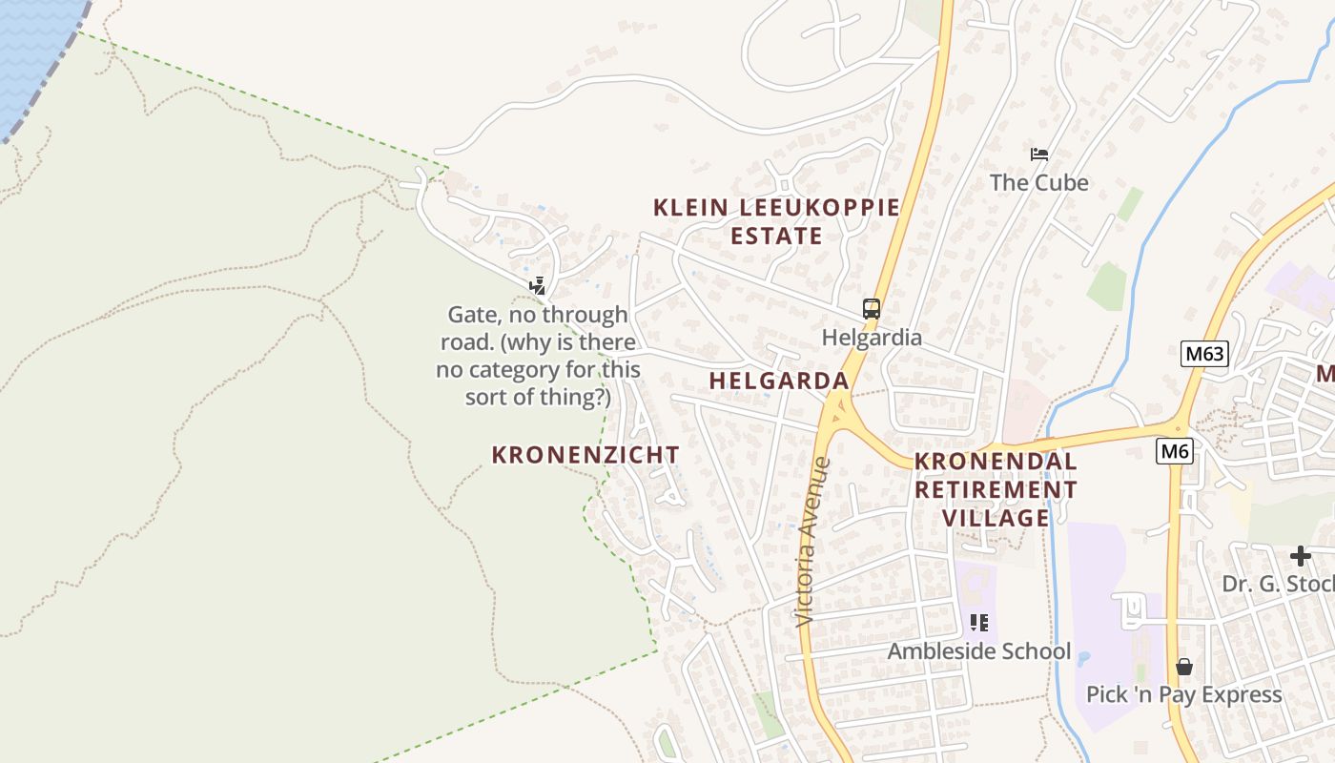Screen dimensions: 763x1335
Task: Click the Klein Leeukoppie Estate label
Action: coord(776,221)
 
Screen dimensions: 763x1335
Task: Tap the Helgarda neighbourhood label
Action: coord(779,381)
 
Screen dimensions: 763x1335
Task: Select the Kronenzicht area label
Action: coord(585,455)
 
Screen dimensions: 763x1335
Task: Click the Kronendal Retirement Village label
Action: coord(996,489)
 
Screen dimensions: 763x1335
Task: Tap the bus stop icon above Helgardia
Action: coord(872,308)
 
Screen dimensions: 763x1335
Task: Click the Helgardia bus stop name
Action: coord(872,338)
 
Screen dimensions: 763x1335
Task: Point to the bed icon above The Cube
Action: coord(1039,154)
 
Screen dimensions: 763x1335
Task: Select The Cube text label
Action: coord(1038,182)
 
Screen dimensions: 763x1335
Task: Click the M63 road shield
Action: coord(1203,354)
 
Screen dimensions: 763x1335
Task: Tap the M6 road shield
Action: coord(1175,450)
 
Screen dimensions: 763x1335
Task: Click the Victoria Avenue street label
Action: coord(814,541)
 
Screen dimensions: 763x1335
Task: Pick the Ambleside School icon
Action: coord(978,623)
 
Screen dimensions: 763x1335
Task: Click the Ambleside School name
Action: coord(979,651)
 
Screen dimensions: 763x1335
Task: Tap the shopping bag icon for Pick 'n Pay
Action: coord(1184,666)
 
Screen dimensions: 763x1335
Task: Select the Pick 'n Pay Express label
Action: coord(1183,694)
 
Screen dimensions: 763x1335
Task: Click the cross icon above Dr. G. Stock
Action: coord(1301,555)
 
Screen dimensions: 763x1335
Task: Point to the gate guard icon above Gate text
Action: coord(538,285)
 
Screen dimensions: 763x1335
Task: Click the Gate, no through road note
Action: coord(538,355)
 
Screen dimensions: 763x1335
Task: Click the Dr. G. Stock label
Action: coord(1278,584)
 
